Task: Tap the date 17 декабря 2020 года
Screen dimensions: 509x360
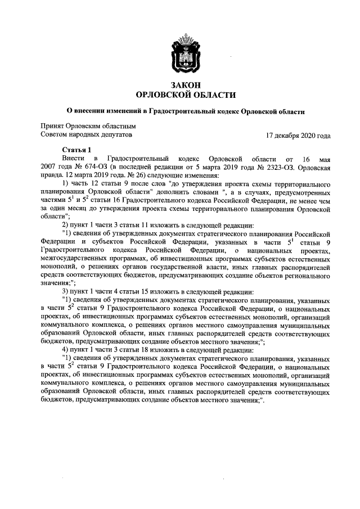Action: point(298,136)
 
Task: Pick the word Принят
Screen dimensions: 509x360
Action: point(52,127)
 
